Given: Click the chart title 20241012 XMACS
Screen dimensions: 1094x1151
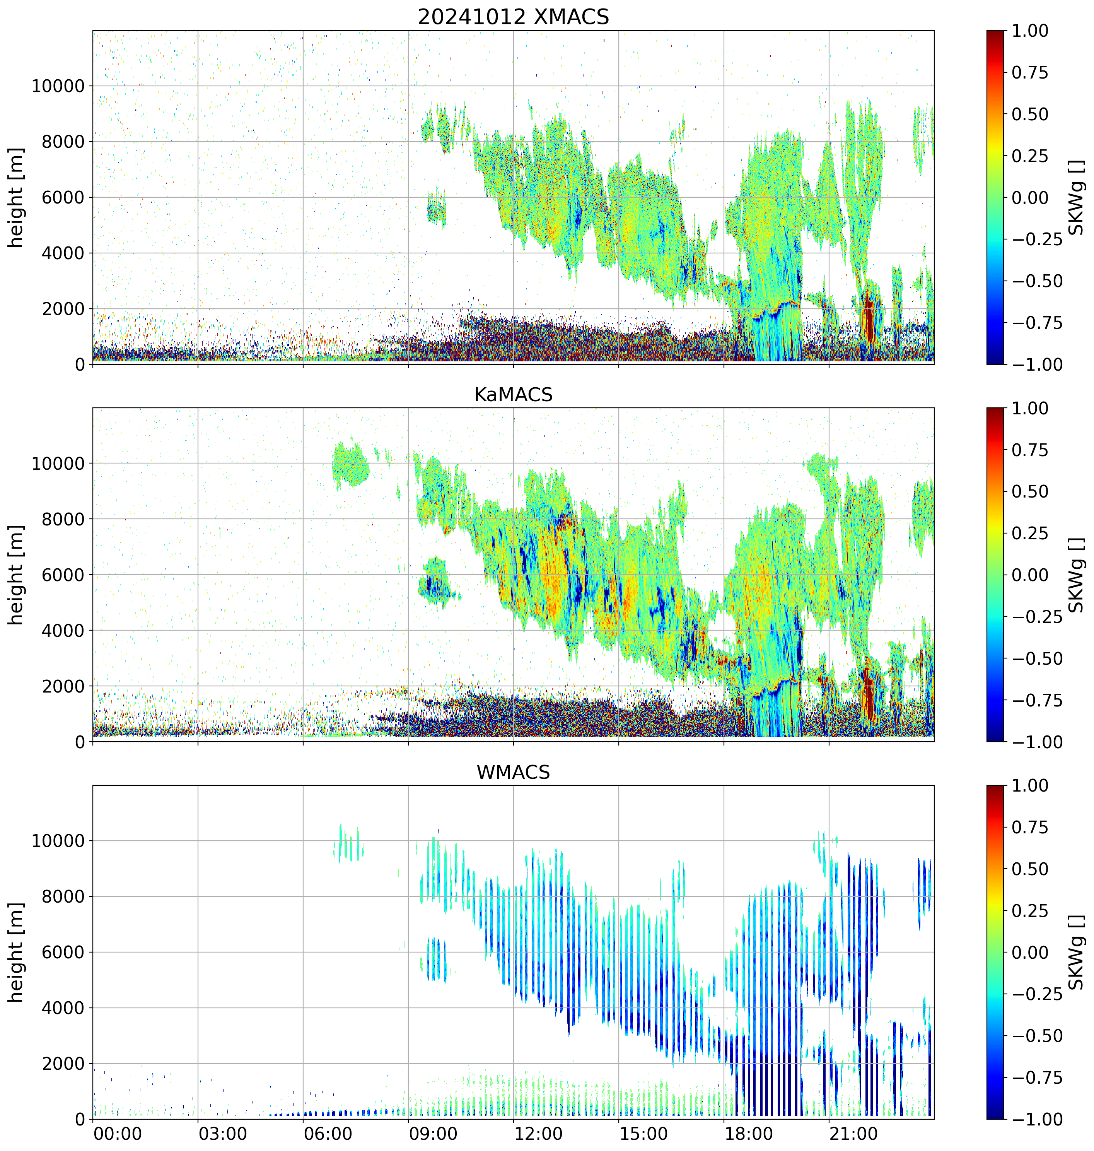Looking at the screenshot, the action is (x=513, y=17).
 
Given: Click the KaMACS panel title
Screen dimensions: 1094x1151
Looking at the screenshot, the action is (x=513, y=395).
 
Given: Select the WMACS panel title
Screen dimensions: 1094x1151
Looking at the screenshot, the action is (x=513, y=772).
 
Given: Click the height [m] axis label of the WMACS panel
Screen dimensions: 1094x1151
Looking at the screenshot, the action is (x=16, y=952).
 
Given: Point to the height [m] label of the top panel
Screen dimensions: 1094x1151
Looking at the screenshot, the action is (x=16, y=198).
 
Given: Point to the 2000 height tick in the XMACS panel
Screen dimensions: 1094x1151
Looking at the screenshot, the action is (x=63, y=309).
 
